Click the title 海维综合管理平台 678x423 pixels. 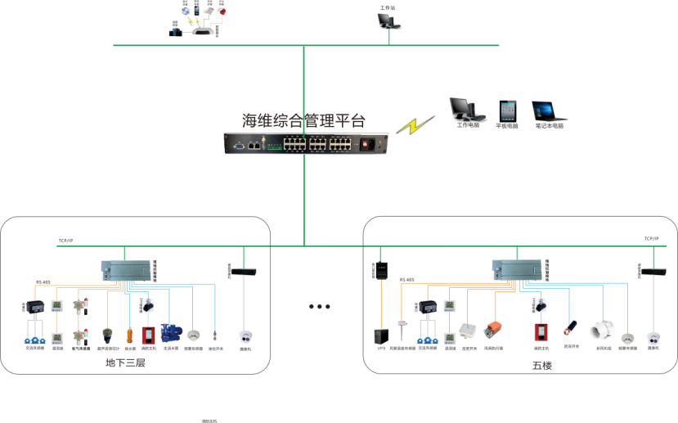303,121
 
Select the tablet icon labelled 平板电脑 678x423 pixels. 508,111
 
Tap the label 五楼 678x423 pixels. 542,365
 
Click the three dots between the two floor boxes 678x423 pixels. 319,307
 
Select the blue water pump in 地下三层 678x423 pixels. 170,333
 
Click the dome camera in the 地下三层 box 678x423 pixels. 245,335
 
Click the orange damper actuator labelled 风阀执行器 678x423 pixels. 493,331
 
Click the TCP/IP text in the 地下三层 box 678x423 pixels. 65,241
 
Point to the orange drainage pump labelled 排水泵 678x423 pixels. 129,335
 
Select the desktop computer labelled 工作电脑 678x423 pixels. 462,110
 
